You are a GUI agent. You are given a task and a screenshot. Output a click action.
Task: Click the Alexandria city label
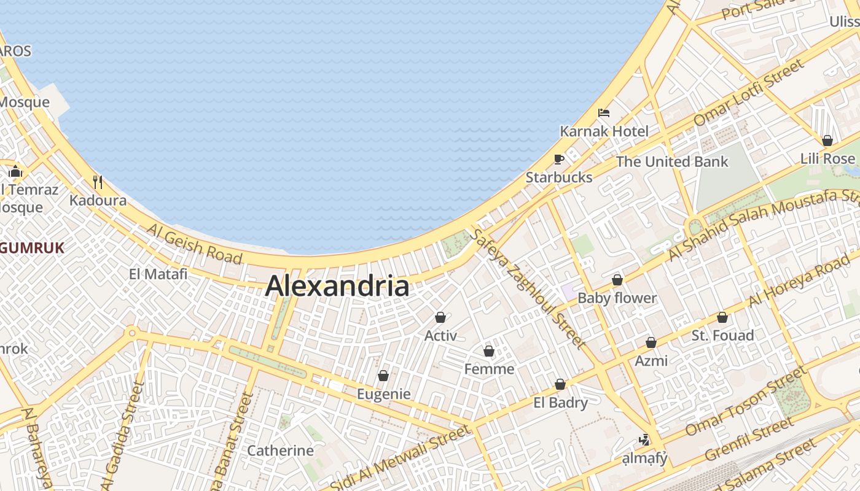coord(337,286)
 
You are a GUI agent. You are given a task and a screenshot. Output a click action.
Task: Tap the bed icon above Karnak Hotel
coord(604,113)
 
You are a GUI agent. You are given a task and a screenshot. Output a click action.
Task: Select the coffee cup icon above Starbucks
coord(558,160)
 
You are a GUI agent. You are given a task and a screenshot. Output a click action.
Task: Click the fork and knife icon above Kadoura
coord(97,182)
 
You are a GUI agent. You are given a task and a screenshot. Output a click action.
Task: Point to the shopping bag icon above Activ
coord(440,317)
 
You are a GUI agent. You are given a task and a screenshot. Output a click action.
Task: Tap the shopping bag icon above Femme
coord(489,351)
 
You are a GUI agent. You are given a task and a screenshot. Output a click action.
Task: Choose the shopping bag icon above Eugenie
coord(383,376)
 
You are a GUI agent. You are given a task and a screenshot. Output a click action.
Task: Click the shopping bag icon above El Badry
coord(560,385)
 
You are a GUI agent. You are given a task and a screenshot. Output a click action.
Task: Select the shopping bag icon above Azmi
coord(651,342)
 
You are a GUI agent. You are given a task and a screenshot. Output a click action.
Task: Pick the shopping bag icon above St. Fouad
coord(722,317)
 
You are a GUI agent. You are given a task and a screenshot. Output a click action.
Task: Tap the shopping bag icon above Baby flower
coord(617,280)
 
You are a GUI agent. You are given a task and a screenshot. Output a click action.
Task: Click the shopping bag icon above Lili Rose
coord(827,141)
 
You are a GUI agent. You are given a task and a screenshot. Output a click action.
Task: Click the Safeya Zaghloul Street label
coord(527,288)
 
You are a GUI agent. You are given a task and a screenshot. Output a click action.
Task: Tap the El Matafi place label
coord(158,274)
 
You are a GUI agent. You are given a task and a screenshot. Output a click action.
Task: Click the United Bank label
coord(672,161)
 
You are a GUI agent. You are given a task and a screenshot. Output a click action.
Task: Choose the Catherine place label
coord(280,450)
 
